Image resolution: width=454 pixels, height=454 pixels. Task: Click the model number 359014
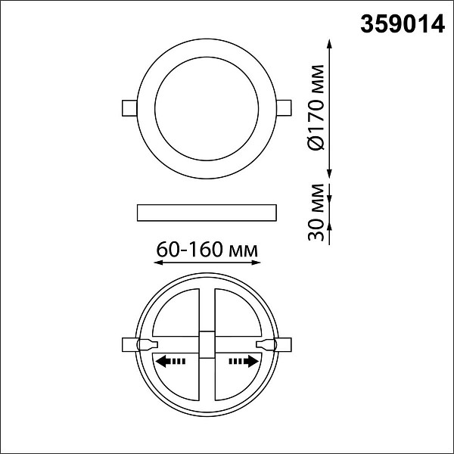(x=403, y=24)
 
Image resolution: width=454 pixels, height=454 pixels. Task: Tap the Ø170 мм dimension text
(x=315, y=107)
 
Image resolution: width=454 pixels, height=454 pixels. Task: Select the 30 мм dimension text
(x=316, y=212)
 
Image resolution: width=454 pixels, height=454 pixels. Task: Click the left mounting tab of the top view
(x=129, y=108)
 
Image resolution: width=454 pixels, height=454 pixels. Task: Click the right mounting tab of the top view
(x=284, y=107)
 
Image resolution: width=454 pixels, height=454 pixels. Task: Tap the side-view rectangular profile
(x=207, y=213)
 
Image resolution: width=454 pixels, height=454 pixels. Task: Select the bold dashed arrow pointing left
(x=170, y=362)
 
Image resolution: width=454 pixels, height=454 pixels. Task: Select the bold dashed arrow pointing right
(x=244, y=362)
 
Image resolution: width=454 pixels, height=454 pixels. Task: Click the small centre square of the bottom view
(x=207, y=344)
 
